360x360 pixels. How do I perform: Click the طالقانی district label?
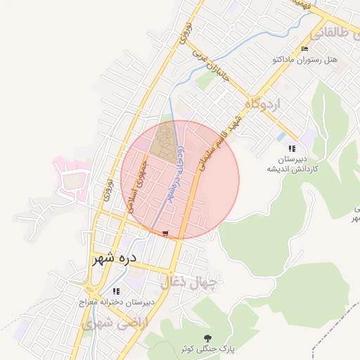pyautogui.click(x=334, y=32)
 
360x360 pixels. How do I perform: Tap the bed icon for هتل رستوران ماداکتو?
pyautogui.click(x=304, y=49)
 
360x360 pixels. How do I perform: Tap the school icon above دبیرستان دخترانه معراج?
pyautogui.click(x=116, y=290)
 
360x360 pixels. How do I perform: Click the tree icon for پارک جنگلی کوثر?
pyautogui.click(x=207, y=337)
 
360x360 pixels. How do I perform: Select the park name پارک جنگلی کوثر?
pyautogui.click(x=207, y=349)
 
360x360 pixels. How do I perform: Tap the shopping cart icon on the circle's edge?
pyautogui.click(x=165, y=233)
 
